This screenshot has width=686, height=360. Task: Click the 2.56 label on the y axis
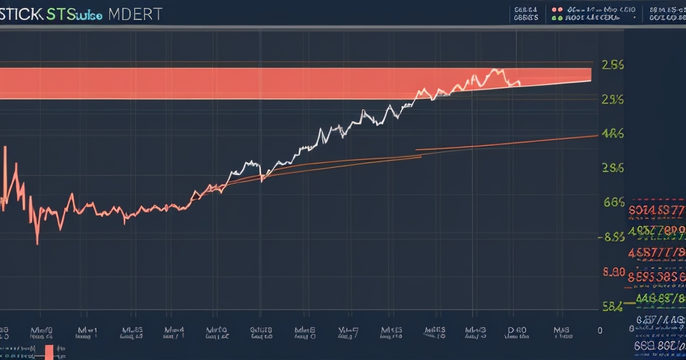[613, 65]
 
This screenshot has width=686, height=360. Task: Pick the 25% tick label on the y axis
[612, 99]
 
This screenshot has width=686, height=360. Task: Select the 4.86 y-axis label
[613, 133]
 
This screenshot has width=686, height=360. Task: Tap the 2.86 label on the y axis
[613, 168]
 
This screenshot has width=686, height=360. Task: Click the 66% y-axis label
[613, 202]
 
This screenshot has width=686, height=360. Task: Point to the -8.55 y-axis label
[612, 237]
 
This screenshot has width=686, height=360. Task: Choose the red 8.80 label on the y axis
[614, 271]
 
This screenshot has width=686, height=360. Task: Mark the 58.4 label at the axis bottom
[612, 306]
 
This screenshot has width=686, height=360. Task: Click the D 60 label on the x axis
[517, 331]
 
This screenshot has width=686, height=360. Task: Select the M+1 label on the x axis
[87, 331]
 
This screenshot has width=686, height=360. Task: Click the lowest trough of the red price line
[37, 243]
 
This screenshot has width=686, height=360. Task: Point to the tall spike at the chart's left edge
[6, 148]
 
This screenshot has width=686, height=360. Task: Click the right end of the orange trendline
[597, 135]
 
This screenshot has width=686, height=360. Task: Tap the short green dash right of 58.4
[632, 305]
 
